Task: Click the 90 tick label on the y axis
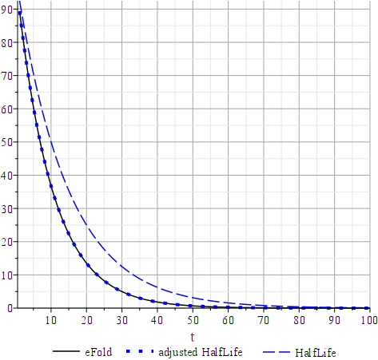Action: click(x=6, y=10)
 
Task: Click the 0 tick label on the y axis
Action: click(x=9, y=308)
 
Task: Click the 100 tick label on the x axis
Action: click(x=368, y=320)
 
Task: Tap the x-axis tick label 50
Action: click(x=193, y=320)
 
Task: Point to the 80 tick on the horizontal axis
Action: click(x=299, y=320)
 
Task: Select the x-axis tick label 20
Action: click(x=86, y=320)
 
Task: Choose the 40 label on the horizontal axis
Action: click(x=157, y=320)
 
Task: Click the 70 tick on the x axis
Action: click(x=264, y=320)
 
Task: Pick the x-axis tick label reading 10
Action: click(x=51, y=320)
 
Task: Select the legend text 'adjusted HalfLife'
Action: click(x=200, y=351)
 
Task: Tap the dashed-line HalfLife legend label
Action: click(x=316, y=351)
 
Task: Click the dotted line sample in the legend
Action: click(x=137, y=351)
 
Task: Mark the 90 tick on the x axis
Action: click(x=334, y=320)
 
